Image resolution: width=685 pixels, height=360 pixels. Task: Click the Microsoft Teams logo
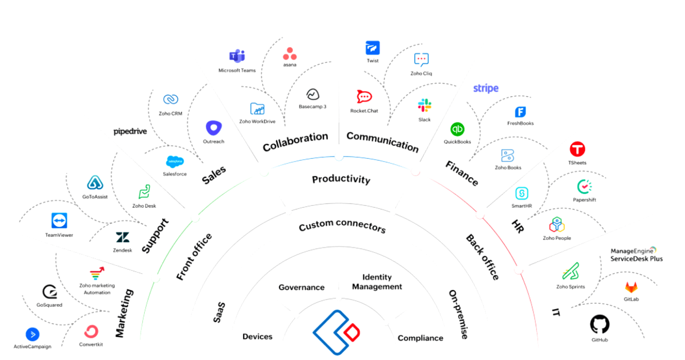[237, 57]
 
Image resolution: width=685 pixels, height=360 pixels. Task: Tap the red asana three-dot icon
[290, 54]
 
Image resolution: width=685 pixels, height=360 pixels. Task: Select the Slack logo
[425, 105]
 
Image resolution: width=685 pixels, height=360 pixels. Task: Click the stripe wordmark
[486, 88]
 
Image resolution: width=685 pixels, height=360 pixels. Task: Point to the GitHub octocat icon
[600, 324]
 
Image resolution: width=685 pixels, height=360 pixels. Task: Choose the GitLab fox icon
[631, 288]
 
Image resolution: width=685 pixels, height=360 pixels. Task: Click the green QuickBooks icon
[457, 129]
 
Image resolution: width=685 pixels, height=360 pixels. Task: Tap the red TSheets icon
[577, 149]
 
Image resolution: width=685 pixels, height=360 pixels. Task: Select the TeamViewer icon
[59, 221]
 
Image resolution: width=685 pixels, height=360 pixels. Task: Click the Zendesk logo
[123, 237]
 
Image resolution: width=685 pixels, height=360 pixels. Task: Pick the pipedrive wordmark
[130, 132]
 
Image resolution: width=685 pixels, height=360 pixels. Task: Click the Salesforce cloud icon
[175, 161]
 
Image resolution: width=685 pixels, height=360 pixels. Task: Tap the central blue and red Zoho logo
[336, 332]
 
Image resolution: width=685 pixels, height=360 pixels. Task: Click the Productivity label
[341, 180]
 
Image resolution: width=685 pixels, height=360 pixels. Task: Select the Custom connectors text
[342, 225]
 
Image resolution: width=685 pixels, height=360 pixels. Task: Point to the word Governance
[302, 287]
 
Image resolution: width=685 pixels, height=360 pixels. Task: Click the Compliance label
[420, 338]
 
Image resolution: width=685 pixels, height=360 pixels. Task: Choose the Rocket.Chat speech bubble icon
[364, 97]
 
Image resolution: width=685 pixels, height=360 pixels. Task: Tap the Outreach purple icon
[213, 128]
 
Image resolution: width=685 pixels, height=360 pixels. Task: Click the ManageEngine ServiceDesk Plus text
[636, 255]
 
